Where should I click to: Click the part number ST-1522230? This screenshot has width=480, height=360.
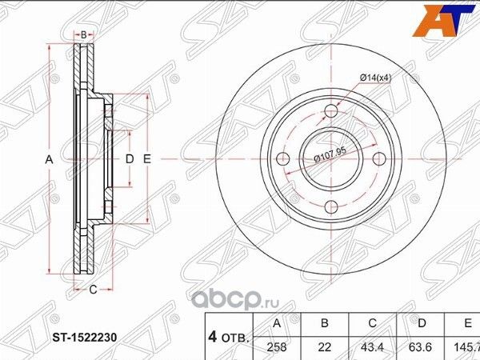[85, 338]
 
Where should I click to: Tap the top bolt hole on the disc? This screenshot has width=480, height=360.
[329, 112]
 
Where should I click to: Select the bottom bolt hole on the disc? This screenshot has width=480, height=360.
[329, 208]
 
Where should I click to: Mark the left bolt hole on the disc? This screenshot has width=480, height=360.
[281, 160]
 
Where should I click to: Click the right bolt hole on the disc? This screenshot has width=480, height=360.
[377, 160]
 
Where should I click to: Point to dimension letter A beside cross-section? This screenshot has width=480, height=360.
[49, 160]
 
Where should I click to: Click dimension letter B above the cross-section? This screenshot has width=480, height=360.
[83, 34]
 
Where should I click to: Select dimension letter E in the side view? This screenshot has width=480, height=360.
[146, 159]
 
